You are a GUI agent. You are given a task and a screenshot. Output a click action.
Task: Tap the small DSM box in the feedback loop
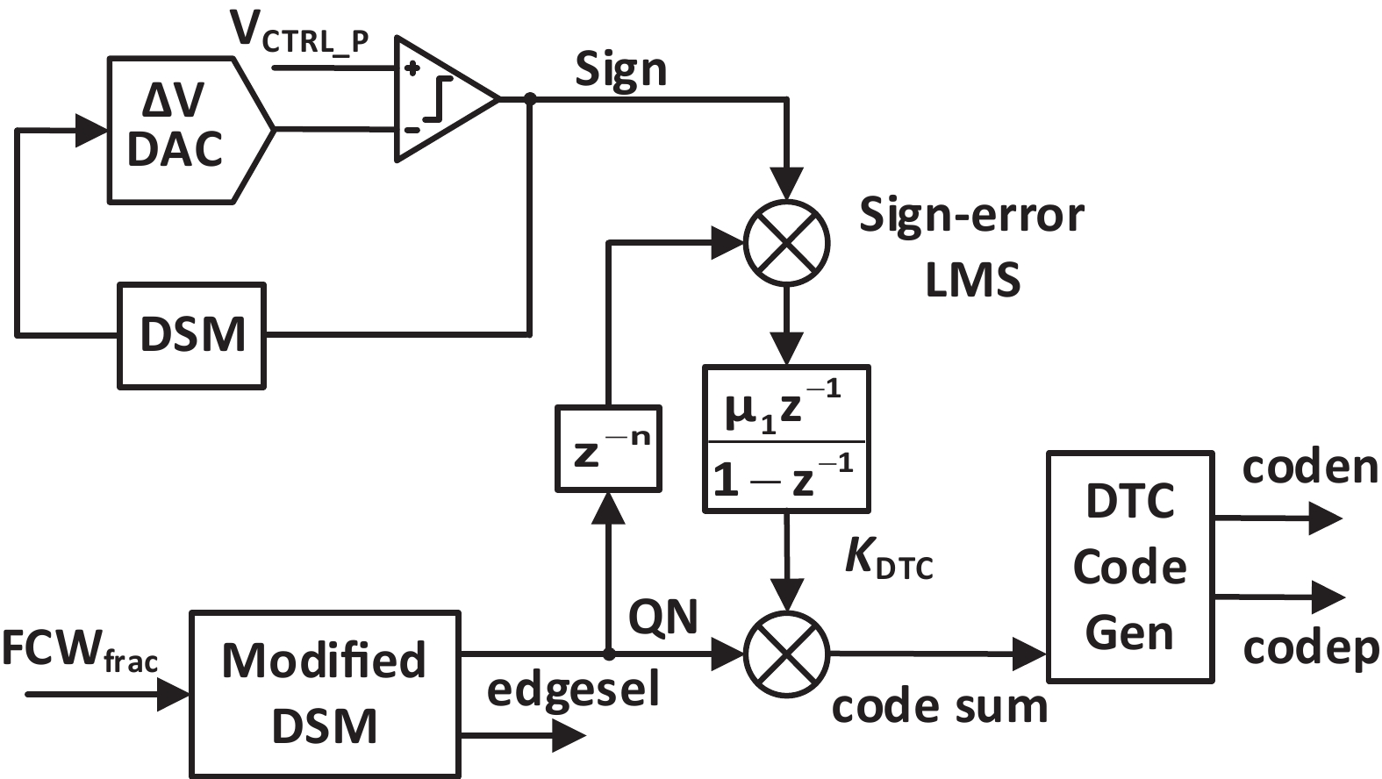point(192,334)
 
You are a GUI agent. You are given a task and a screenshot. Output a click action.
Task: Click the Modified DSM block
point(325,693)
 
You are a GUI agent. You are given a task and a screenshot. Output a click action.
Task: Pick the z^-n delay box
point(608,448)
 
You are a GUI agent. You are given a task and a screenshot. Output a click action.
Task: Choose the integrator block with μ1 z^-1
point(786,438)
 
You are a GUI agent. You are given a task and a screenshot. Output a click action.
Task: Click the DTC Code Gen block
point(1129,567)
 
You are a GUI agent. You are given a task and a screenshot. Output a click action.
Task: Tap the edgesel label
point(572,690)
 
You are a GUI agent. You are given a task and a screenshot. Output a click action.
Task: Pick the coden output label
point(1310,468)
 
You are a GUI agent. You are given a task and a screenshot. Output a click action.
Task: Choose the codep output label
point(1310,649)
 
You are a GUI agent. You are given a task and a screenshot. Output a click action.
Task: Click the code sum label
point(939,706)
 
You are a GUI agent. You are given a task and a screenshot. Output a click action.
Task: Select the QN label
point(663,617)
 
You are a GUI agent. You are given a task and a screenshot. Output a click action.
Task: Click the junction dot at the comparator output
point(529,99)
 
